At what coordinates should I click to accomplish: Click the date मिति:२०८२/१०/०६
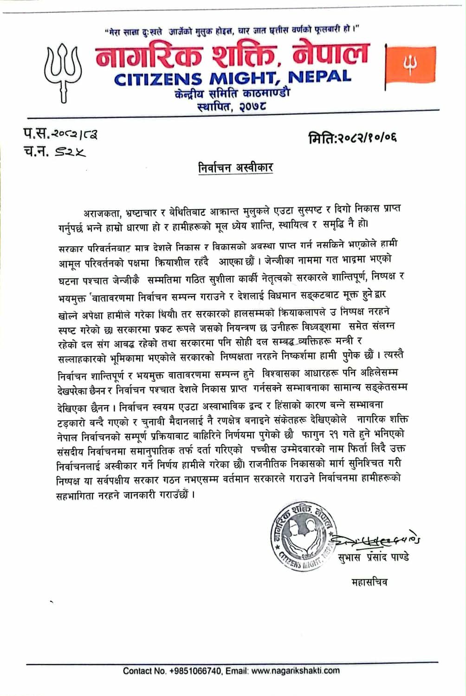pos(353,138)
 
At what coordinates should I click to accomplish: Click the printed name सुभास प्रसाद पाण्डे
pos(374,557)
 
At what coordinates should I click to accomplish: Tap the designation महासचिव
pos(369,582)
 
